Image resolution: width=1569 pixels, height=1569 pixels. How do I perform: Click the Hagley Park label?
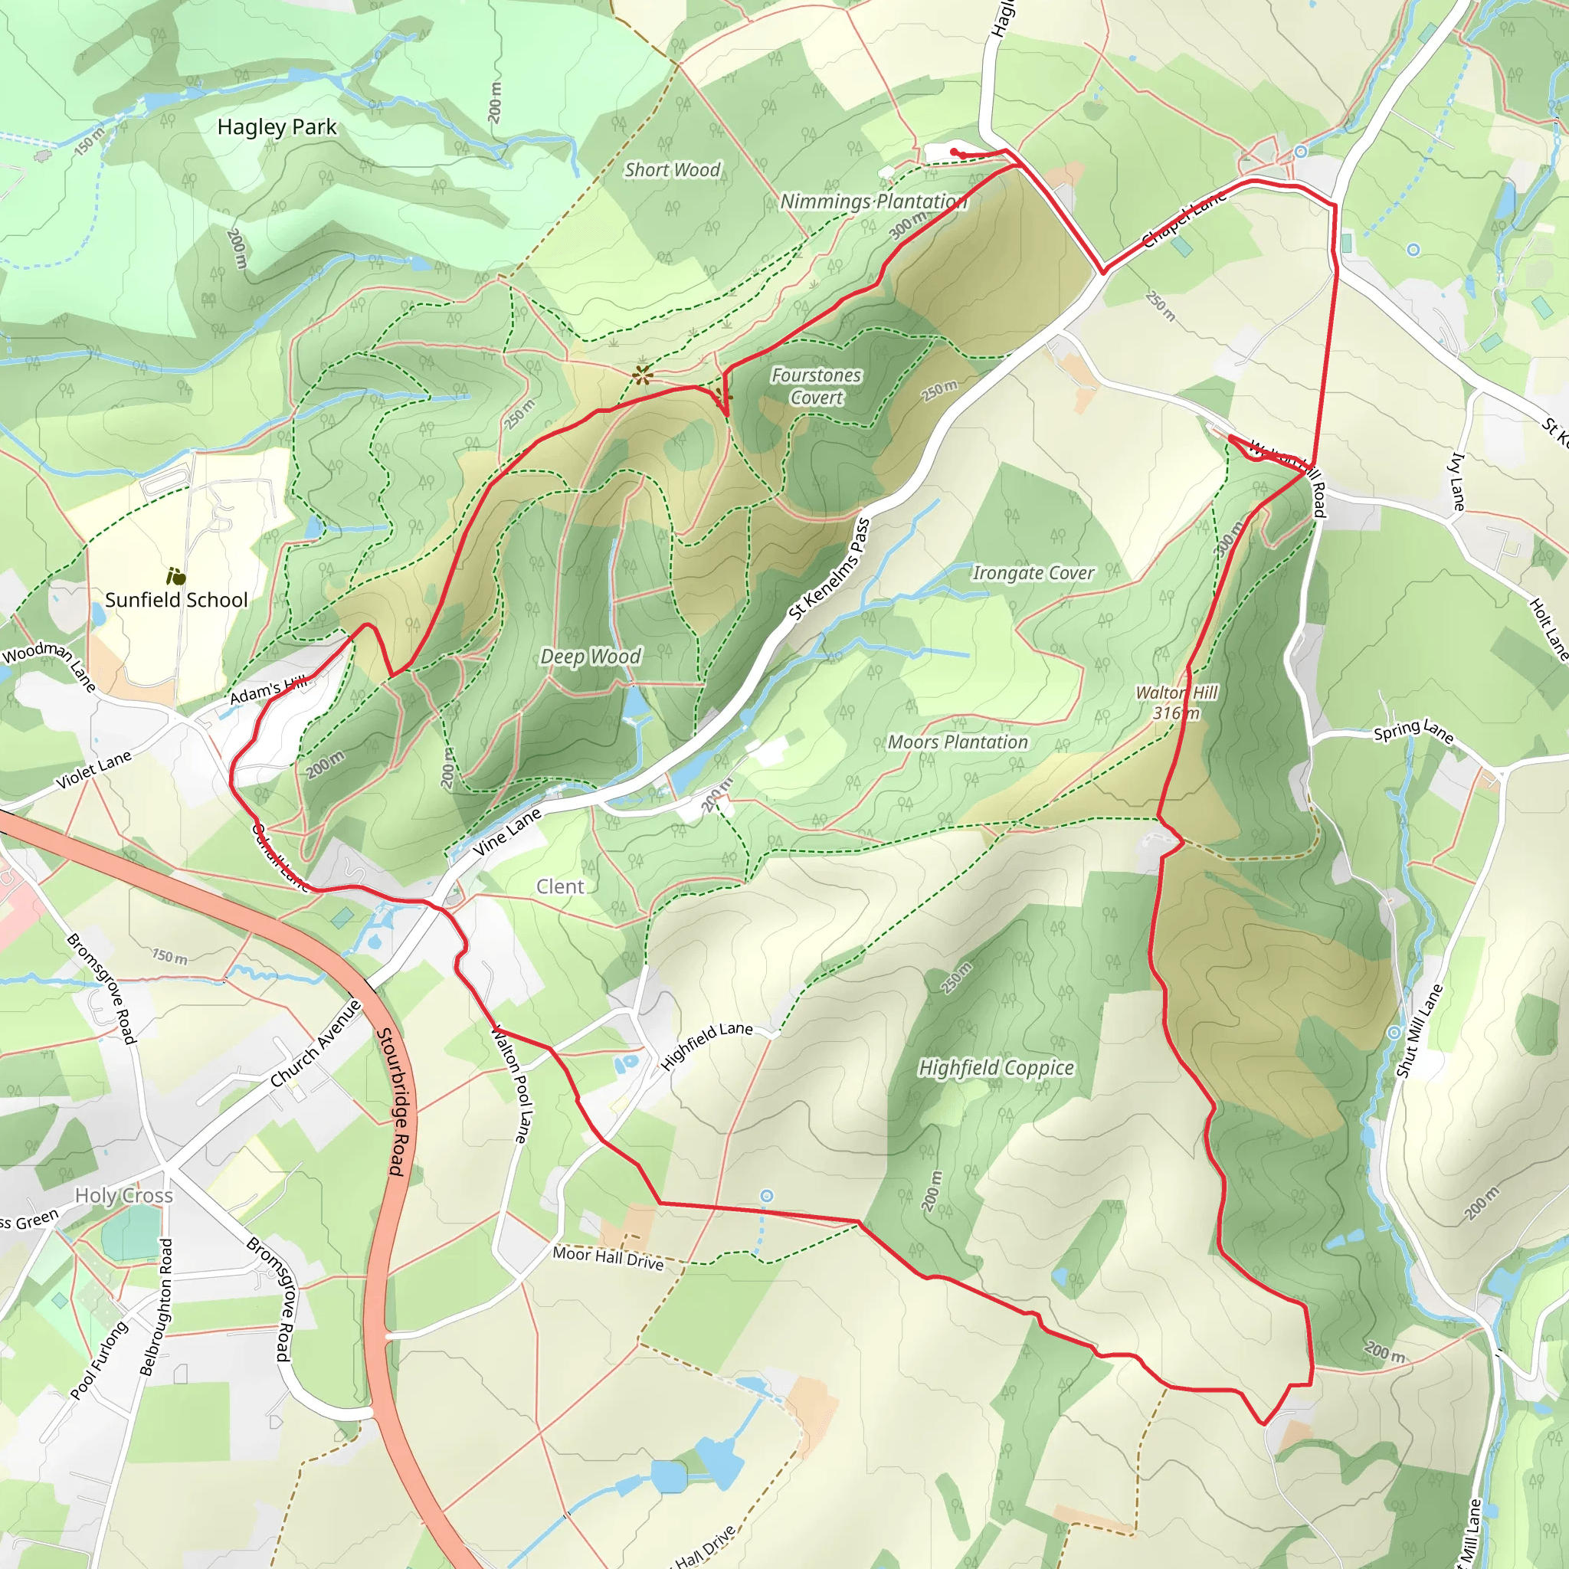277,127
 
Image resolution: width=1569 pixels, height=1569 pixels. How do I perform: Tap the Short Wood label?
673,170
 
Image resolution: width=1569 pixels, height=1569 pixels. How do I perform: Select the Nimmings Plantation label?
873,201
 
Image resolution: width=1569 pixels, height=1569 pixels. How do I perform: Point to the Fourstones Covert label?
816,386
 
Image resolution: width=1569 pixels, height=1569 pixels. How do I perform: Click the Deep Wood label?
591,657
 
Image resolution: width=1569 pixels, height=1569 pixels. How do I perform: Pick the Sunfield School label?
176,600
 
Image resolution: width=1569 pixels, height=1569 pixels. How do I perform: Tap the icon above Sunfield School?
175,577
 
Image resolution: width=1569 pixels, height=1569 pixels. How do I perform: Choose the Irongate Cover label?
1033,572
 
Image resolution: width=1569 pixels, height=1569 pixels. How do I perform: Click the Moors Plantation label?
958,742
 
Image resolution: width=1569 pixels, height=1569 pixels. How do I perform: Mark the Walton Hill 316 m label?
1177,703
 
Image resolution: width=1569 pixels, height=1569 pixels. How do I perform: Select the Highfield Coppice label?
997,1068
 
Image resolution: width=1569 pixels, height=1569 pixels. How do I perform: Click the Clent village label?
559,887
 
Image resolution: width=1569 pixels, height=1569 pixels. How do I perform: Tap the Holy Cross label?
124,1195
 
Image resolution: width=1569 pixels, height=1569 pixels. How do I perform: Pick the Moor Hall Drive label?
608,1258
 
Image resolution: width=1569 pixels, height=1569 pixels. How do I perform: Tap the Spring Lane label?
1412,731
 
